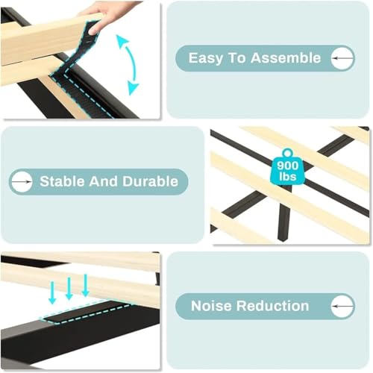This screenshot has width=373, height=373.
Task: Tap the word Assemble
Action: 286,58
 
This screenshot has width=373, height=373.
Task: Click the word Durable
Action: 150,181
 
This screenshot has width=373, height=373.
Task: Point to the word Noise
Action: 211,306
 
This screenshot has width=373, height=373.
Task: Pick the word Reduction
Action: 272,306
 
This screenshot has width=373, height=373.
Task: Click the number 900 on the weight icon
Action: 288,166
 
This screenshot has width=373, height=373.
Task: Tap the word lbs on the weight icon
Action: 288,176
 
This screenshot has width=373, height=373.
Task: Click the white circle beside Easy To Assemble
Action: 342,58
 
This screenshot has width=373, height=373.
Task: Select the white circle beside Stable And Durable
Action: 22,182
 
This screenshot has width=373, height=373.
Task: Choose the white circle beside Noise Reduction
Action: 342,306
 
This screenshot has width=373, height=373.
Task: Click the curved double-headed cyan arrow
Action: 134,65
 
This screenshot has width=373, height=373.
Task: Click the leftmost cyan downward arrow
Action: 52,292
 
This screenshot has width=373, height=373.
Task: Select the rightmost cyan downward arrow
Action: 86,285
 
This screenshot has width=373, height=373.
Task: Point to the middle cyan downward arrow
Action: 69,289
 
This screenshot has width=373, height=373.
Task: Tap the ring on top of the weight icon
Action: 288,153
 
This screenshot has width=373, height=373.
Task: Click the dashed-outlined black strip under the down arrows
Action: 86,311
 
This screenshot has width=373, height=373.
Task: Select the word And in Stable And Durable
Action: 103,181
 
